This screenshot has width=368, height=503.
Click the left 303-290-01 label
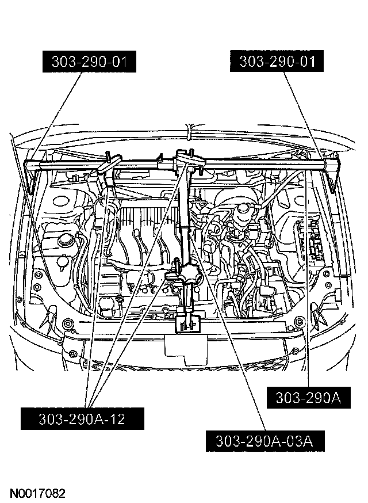click(x=90, y=62)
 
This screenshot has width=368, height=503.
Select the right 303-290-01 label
click(x=277, y=62)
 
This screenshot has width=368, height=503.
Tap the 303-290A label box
click(x=309, y=398)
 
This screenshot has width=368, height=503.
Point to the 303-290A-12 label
click(x=82, y=419)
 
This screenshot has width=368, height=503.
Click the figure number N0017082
click(x=37, y=493)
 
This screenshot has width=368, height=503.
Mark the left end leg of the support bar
click(x=31, y=178)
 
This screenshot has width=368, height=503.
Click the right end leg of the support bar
click(x=335, y=176)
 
